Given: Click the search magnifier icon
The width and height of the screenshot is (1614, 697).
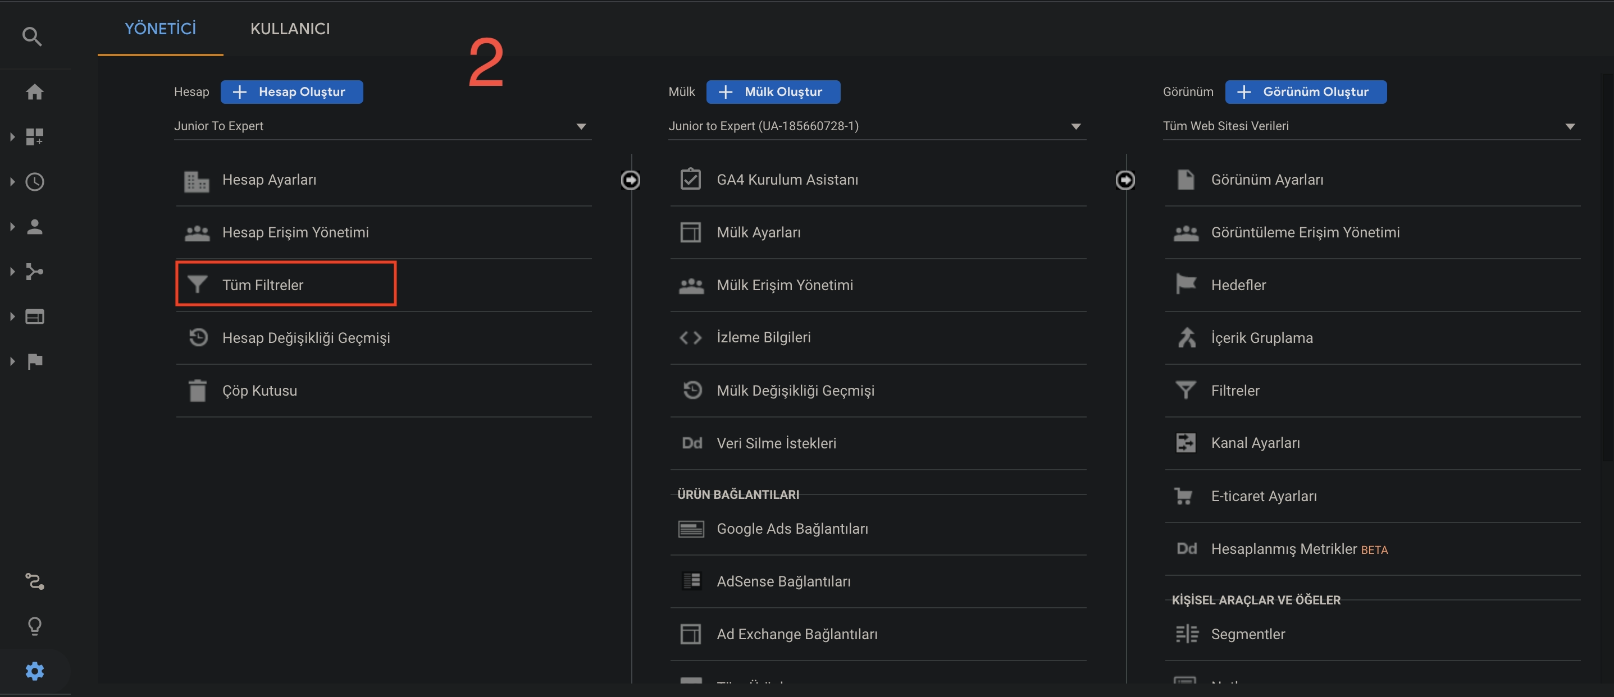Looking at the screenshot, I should pos(32,37).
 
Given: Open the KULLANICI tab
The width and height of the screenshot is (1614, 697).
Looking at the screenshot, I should pos(290,29).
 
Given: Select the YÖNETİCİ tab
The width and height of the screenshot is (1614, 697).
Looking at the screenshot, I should pos(161,29).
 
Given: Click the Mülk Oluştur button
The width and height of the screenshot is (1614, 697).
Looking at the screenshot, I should pos(773,92).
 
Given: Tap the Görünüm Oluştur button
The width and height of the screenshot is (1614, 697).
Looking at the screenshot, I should pos(1306,92).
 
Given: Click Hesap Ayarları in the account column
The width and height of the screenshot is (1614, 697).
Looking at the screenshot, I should pos(269,180).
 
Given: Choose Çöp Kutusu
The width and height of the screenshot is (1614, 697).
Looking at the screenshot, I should pos(259,391).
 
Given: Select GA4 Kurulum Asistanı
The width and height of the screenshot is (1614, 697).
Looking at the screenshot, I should pos(787,180).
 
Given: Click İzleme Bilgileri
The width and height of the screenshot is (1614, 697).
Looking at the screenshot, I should pos(763,337).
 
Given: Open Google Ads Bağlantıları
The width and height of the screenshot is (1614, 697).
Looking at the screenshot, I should pos(792,529).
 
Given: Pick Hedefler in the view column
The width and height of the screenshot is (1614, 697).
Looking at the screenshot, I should pos(1238,285).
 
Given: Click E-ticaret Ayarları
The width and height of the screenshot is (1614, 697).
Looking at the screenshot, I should pos(1263,496).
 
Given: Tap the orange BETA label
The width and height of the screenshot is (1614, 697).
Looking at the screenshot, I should pos(1374,550).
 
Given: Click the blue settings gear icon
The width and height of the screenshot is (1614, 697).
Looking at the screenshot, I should pos(34,671).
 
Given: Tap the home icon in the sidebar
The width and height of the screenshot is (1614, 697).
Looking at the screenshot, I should pos(34,92).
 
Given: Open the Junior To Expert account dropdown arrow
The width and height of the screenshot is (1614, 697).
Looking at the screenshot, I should pos(581,126).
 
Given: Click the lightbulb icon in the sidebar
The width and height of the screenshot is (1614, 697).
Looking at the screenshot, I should pos(34,626).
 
